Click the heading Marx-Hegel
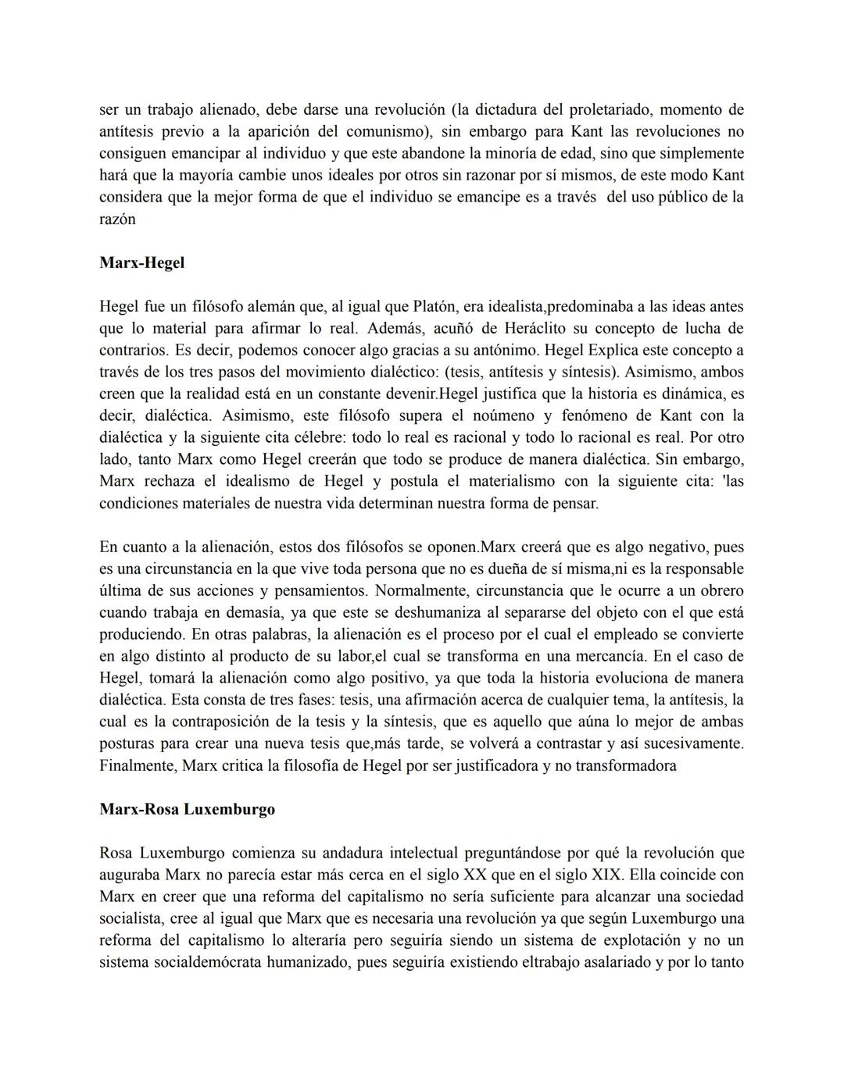point(141,263)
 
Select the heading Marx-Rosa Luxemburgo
point(187,810)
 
